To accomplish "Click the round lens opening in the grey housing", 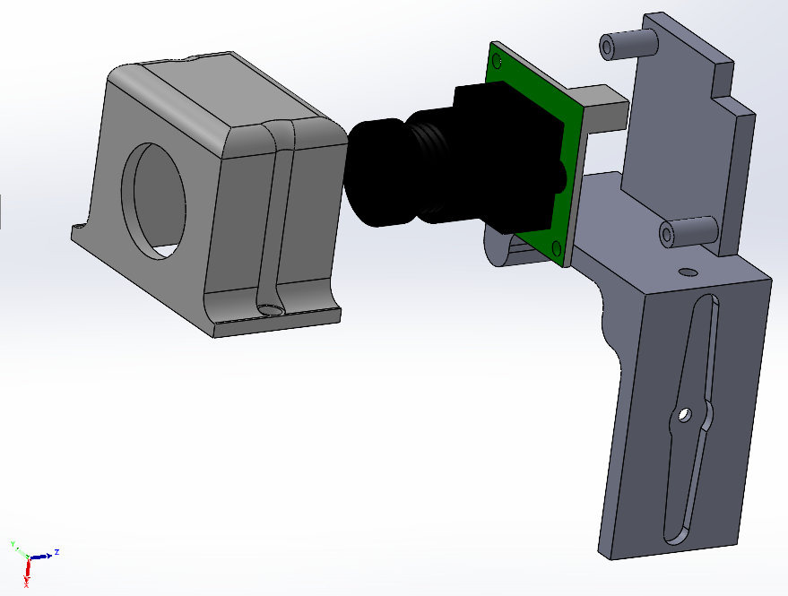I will [160, 197].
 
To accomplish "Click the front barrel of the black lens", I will [377, 175].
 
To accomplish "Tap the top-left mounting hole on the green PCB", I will [495, 60].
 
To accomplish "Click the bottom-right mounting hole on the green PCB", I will [559, 246].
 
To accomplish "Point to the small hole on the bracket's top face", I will [688, 270].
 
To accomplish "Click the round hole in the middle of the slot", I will [684, 415].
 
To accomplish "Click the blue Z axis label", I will [56, 552].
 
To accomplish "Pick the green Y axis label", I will [13, 544].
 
